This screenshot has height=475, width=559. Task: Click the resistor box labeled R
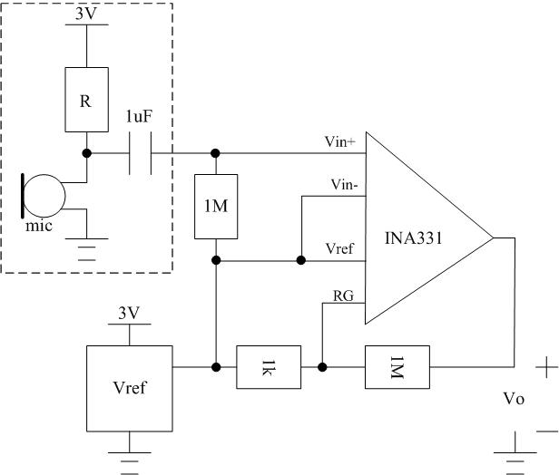click(x=85, y=102)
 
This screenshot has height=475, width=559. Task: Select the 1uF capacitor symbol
click(x=139, y=152)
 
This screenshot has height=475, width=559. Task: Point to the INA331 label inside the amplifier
click(x=418, y=239)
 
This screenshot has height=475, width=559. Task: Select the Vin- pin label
click(x=344, y=184)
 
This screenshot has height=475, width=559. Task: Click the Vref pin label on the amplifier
click(x=341, y=247)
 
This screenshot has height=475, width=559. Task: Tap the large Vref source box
click(x=129, y=388)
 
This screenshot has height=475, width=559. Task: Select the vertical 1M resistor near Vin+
click(x=215, y=207)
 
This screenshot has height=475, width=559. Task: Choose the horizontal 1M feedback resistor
click(x=395, y=367)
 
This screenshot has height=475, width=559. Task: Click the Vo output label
click(x=515, y=400)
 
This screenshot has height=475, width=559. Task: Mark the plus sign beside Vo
click(x=546, y=368)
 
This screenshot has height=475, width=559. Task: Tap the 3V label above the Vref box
click(x=129, y=314)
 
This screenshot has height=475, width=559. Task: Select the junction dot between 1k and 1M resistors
click(x=322, y=367)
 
